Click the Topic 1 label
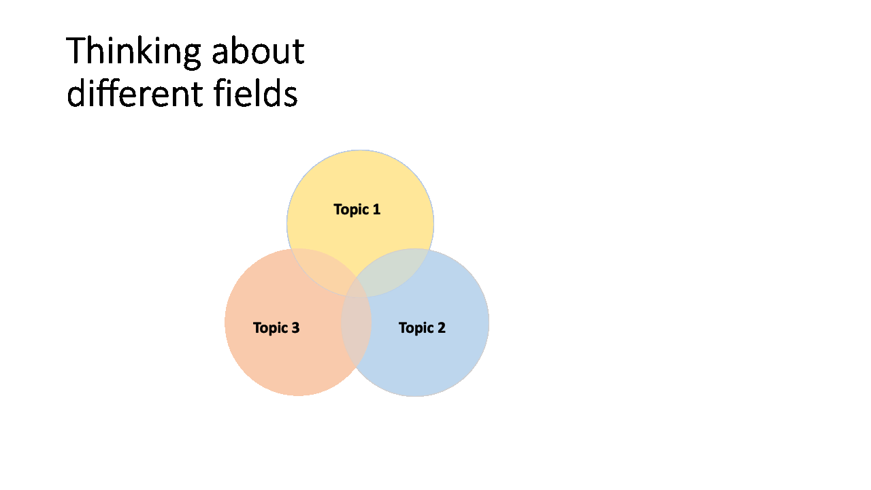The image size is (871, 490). [357, 210]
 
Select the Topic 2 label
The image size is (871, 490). [422, 328]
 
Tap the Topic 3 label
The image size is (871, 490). [276, 328]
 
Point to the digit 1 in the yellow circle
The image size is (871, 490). [376, 210]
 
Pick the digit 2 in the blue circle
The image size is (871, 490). [441, 328]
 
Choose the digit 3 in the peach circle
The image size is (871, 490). [295, 328]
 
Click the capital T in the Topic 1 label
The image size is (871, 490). [338, 210]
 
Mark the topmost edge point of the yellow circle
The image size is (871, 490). [360, 150]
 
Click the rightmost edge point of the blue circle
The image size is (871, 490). [489, 323]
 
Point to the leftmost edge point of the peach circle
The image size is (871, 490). [225, 322]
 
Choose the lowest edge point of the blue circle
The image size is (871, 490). [415, 396]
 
